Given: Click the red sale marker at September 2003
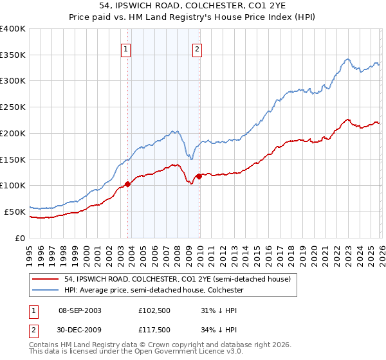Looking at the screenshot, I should (127, 184).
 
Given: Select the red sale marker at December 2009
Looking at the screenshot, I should (199, 175).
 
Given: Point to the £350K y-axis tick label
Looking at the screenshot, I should (13, 55).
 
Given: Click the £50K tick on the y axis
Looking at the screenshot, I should (15, 212).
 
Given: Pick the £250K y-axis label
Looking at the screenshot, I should (13, 107).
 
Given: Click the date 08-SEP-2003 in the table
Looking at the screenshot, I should (80, 310).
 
